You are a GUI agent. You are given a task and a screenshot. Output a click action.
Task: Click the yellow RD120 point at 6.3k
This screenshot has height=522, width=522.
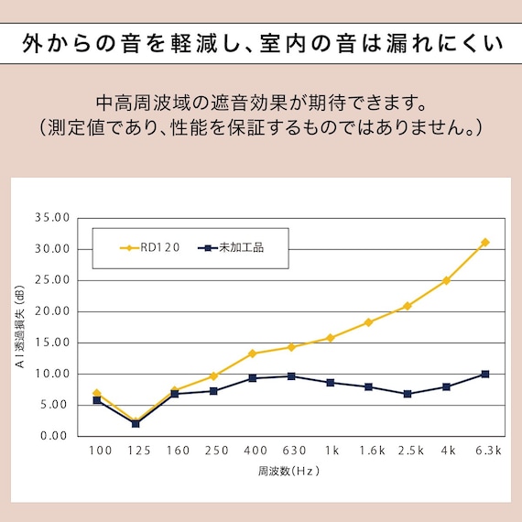tap(484, 243)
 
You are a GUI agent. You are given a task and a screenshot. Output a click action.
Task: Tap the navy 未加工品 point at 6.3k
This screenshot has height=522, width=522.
tap(484, 374)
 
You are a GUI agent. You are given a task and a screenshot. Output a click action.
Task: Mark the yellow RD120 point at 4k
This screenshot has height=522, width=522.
tap(446, 280)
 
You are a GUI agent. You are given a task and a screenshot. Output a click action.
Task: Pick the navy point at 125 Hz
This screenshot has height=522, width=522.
tap(136, 423)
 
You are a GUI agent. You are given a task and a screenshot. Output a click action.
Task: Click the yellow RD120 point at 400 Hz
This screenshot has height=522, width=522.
tap(252, 353)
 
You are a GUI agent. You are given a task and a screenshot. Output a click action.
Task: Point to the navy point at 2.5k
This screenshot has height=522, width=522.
tap(407, 394)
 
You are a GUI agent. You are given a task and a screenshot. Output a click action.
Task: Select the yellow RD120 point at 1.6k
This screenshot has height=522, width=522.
tap(368, 322)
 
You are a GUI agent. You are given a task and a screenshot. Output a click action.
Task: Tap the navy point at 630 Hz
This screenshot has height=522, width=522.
tap(291, 376)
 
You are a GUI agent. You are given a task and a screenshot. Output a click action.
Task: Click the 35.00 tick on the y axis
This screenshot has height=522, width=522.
tap(52, 218)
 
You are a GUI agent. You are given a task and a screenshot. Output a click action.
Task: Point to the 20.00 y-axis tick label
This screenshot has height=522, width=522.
tap(52, 311)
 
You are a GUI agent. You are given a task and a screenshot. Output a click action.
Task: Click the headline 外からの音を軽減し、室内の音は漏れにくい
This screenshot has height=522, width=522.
tap(261, 43)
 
